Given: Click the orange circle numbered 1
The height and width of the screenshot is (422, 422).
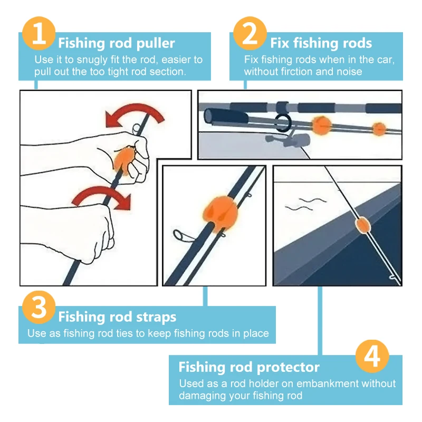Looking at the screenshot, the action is click(39, 33).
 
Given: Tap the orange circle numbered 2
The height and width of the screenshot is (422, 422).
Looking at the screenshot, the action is click(250, 33).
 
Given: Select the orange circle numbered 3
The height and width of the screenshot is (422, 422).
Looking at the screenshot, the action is click(39, 307).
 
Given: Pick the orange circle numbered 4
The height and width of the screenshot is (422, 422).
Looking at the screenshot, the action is click(372, 356).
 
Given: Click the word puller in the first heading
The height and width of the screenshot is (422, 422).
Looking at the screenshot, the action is click(156, 43).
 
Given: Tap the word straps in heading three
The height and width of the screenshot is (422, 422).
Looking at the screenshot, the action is click(156, 317).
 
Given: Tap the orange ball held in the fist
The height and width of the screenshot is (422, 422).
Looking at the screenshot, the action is click(123, 160).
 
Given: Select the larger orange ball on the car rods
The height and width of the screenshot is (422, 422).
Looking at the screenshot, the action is click(321, 124).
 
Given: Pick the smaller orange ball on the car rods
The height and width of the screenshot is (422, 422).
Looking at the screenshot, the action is click(379, 129).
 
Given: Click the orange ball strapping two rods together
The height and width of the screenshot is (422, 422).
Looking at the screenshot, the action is click(220, 213).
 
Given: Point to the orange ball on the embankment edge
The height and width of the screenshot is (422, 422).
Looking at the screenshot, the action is click(363, 225).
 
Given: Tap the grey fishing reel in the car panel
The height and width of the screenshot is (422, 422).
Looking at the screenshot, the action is click(287, 140).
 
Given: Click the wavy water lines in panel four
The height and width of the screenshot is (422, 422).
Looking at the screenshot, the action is click(306, 204).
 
